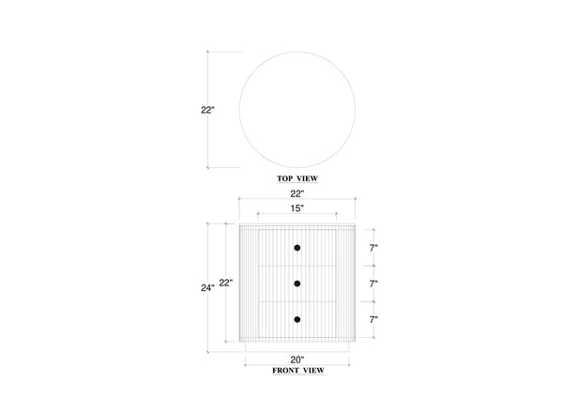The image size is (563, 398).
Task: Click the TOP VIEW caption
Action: click(297, 178)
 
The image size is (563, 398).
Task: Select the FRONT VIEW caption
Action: click(298, 371)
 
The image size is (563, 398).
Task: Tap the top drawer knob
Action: click(297, 248)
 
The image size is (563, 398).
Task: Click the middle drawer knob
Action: click(297, 283)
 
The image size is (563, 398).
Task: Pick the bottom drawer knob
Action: click(297, 319)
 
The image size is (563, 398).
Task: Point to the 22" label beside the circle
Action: click(207, 110)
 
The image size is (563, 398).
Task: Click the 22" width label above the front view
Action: click(297, 193)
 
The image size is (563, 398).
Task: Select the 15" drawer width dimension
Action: click(297, 208)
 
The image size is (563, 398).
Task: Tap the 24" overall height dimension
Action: click(207, 288)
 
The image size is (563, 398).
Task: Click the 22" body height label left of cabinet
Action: click(226, 283)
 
